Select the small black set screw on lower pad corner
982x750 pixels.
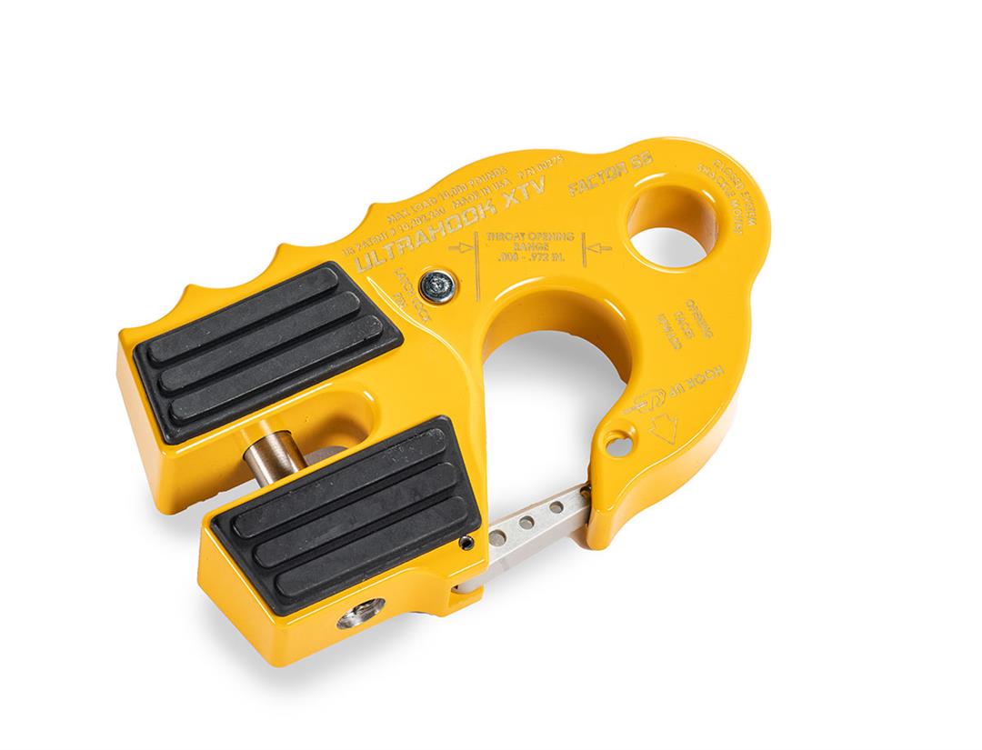click(466, 544)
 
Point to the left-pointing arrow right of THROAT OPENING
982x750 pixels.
click(596, 246)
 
